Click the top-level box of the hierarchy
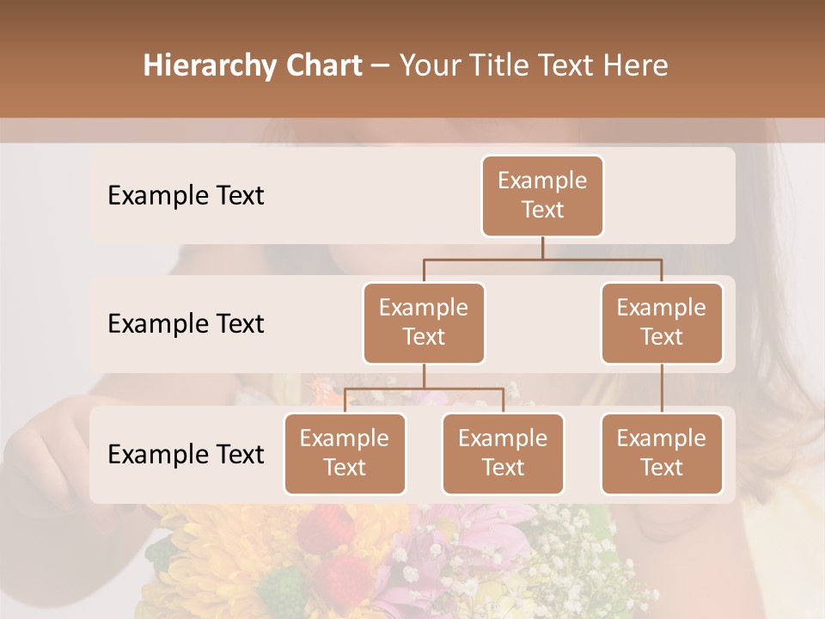click(542, 195)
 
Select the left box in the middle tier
click(424, 322)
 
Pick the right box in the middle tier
click(662, 322)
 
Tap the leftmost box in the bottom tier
click(345, 453)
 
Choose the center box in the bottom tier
click(503, 453)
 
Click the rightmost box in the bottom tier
click(662, 453)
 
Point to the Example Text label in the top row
click(186, 195)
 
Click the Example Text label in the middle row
click(186, 323)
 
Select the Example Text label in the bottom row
click(186, 454)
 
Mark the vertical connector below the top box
click(542, 248)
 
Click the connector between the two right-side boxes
click(662, 389)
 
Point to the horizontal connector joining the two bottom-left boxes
click(424, 389)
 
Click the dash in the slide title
click(381, 65)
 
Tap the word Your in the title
click(430, 65)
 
